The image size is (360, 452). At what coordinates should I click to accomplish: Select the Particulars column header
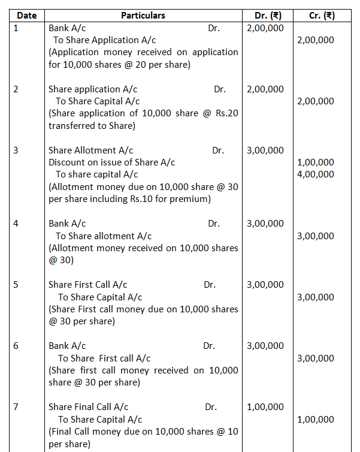point(143,15)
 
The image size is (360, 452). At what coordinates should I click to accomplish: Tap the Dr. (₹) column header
point(265,15)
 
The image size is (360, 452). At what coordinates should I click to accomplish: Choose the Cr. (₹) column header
point(322,15)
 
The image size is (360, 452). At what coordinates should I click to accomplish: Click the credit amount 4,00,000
point(316,174)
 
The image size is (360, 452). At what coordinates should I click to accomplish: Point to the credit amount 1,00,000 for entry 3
point(316,162)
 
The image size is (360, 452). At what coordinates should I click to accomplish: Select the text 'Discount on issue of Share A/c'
point(111,162)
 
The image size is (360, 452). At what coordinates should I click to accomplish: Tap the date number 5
point(16,285)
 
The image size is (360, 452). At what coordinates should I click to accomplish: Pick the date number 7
point(16,407)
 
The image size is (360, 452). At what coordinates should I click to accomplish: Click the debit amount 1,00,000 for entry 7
point(265,407)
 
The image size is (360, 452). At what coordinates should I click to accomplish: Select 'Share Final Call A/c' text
point(88,407)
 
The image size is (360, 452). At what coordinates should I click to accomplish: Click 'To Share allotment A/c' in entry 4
point(104,236)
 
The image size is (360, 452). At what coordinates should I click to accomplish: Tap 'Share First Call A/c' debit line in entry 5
point(87,285)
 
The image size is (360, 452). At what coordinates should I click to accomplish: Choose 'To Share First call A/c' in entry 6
point(104,358)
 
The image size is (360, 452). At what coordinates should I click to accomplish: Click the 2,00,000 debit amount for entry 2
point(265,89)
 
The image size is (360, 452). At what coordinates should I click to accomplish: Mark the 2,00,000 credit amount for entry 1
point(316,40)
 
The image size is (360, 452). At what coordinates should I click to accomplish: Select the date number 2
point(16,89)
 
